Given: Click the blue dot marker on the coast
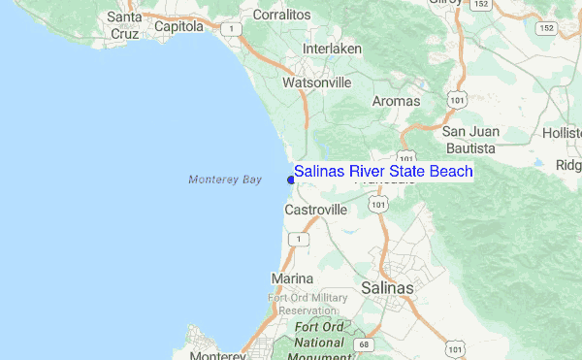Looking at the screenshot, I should tap(291, 179).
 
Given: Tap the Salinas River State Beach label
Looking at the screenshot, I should tap(383, 172).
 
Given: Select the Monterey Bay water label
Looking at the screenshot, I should tap(225, 180).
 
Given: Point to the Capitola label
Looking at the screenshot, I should tap(180, 27).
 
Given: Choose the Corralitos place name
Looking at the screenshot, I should tap(281, 16).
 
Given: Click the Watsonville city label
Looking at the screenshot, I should tap(316, 82).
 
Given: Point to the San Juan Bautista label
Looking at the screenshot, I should tap(469, 140).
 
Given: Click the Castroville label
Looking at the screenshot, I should tap(315, 210).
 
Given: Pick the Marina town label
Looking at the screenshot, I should tap(291, 279).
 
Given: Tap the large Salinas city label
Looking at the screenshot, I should tap(387, 288).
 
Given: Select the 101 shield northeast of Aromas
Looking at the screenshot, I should tap(454, 99).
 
